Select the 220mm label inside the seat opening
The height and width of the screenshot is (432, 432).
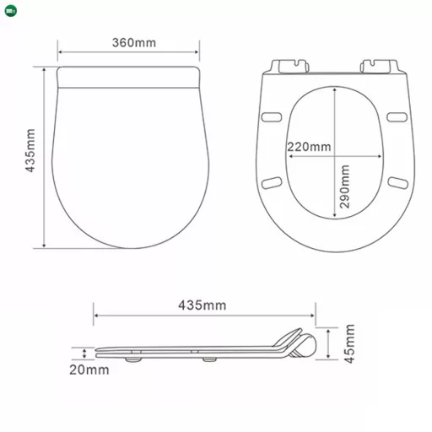[x=309, y=147]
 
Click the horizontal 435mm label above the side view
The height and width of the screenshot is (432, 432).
[x=202, y=305]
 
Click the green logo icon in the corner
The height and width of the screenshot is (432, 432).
[x=8, y=8]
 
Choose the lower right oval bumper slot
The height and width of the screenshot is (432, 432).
[x=397, y=181]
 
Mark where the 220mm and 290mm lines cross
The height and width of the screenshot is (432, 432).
[x=336, y=156]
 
